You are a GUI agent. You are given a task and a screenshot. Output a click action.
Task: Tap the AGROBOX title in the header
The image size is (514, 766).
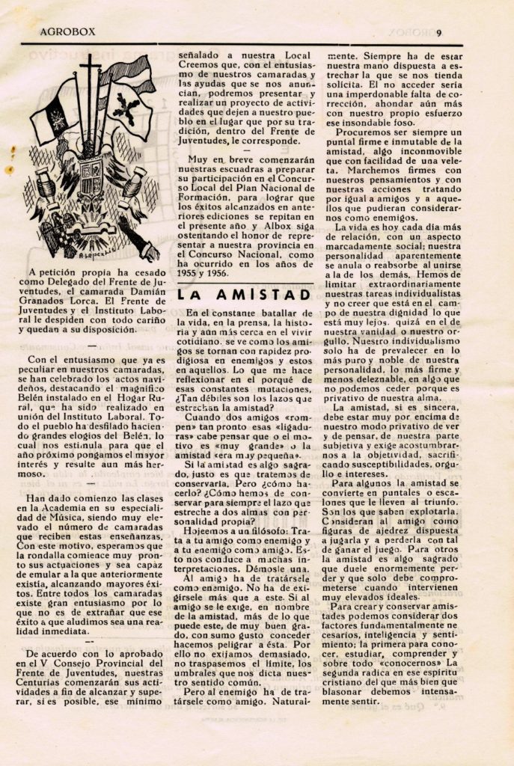tap(72, 32)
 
